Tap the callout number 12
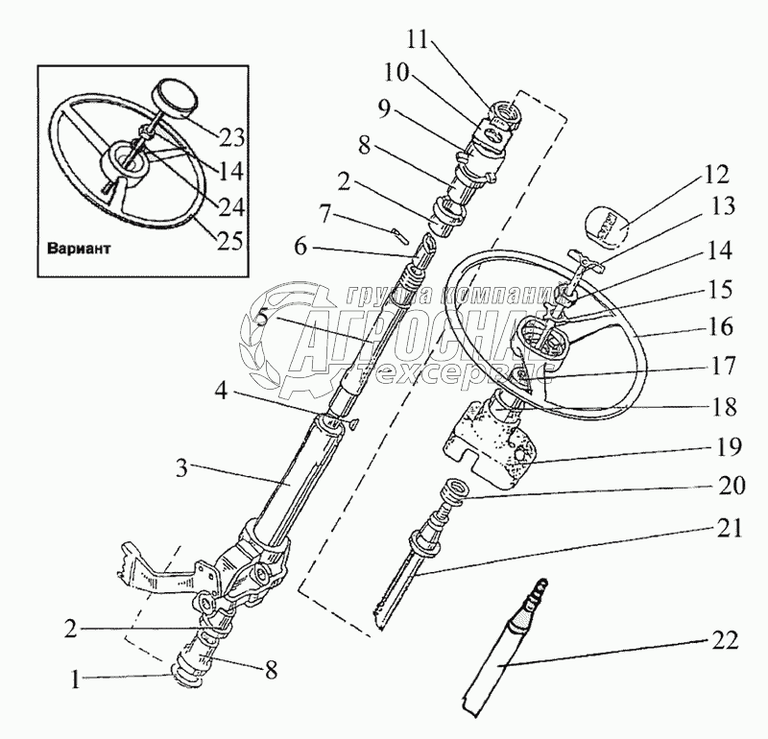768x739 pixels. click(x=715, y=176)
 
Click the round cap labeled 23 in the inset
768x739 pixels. click(x=174, y=98)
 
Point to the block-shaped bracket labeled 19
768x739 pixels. click(x=490, y=438)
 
